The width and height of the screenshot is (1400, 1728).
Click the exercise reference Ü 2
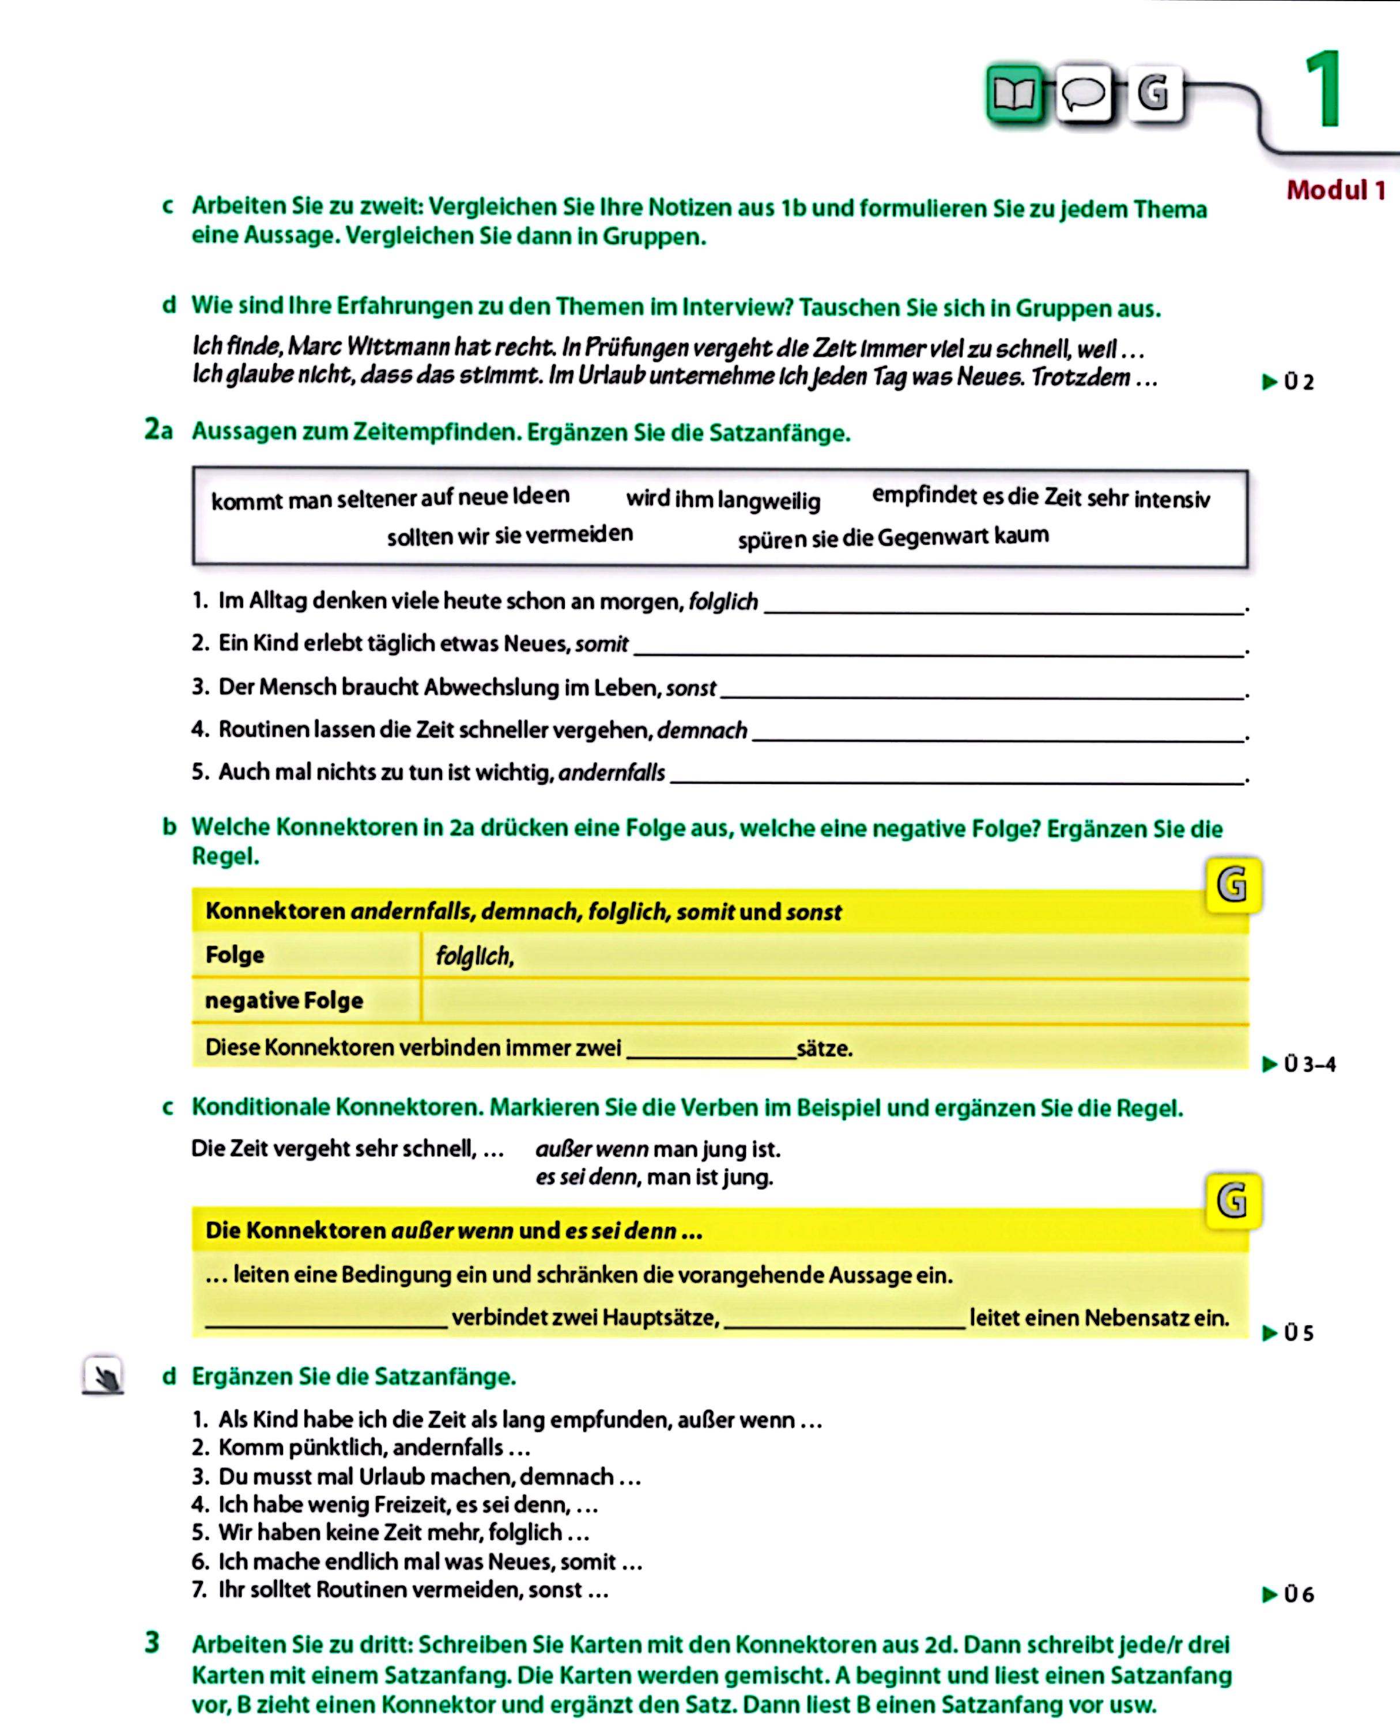click(x=1289, y=381)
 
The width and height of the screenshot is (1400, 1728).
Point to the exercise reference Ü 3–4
click(x=1300, y=1064)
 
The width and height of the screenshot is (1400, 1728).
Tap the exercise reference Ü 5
click(x=1289, y=1333)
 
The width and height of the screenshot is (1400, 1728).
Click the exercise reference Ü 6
click(x=1289, y=1594)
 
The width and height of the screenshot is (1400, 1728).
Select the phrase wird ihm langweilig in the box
click(x=723, y=500)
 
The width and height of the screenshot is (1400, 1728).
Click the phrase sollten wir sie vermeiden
click(x=510, y=535)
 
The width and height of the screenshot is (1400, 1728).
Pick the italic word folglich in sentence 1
click(x=723, y=601)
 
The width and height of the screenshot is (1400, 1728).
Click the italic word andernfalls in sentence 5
click(x=612, y=773)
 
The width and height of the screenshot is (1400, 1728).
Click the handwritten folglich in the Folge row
click(x=474, y=956)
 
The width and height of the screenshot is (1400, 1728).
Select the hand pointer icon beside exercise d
click(x=103, y=1375)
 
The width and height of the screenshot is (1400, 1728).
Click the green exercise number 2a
click(x=158, y=430)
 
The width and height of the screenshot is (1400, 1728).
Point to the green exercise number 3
click(x=152, y=1643)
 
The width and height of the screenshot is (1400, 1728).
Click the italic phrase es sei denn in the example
click(x=586, y=1177)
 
